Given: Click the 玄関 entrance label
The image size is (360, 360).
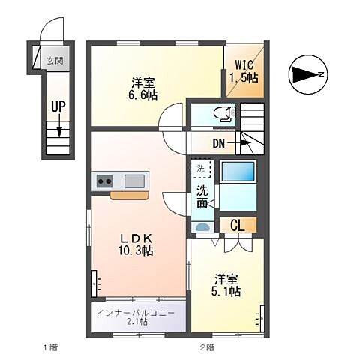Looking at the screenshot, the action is click(55, 61).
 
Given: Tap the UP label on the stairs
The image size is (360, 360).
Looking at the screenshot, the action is click(58, 106).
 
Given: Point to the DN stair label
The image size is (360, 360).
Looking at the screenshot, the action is click(219, 143).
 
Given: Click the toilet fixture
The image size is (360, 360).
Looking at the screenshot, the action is click(225, 114).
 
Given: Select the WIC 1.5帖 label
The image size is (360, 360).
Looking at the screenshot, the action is click(244, 71).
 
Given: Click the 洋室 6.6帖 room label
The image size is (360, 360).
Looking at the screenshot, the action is click(143, 88).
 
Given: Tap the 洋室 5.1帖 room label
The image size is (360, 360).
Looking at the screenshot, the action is click(226, 285).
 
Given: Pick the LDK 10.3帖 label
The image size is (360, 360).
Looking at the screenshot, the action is click(136, 244).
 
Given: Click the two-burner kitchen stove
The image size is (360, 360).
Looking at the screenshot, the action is click(104, 181).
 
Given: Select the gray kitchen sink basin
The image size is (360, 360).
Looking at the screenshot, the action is click(134, 181).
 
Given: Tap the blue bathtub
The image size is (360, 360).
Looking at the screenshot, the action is click(238, 171).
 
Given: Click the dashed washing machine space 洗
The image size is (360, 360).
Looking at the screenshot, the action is click(201, 169).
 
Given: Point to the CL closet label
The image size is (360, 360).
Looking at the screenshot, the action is click(238, 226).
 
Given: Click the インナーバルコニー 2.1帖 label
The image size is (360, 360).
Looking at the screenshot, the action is click(136, 317).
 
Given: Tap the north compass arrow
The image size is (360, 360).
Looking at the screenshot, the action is click(306, 74).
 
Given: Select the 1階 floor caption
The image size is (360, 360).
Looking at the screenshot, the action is click(51, 347).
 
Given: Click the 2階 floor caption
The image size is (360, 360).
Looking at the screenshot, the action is click(207, 347).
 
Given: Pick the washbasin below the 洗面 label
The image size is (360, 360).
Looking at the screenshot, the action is click(202, 227).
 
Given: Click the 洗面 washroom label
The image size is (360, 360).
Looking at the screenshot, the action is click(202, 197).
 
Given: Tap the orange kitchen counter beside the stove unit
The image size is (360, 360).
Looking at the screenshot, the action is click(129, 196).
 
